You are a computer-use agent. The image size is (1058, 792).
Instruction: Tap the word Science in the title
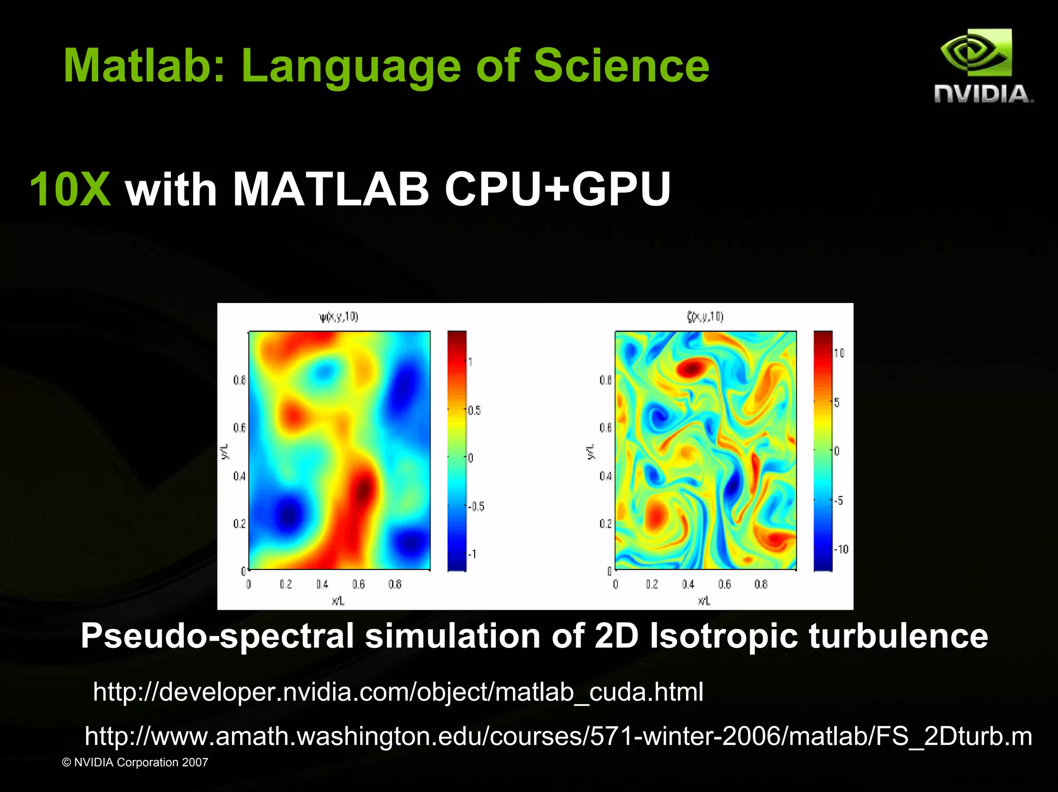(x=621, y=66)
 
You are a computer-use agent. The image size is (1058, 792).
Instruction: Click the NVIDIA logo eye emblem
(x=976, y=53)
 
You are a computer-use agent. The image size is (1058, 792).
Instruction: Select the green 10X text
(x=70, y=189)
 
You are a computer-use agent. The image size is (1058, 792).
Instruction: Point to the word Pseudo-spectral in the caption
(x=217, y=636)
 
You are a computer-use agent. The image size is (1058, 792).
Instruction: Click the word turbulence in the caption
(x=898, y=636)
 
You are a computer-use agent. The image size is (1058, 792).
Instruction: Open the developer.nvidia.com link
(x=398, y=692)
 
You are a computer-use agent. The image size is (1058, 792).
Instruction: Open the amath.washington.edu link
(x=558, y=736)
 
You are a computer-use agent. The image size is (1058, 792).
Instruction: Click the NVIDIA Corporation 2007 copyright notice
(x=135, y=763)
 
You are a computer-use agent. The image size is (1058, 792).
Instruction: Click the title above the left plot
(x=339, y=316)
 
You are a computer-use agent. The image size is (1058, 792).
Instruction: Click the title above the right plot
(x=705, y=316)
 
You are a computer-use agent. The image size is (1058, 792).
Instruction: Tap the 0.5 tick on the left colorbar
(x=474, y=410)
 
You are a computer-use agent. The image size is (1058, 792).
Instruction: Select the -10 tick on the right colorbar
(x=842, y=549)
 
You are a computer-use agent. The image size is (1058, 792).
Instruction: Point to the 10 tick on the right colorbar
(x=839, y=353)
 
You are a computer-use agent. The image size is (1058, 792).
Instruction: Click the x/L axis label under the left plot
(x=338, y=601)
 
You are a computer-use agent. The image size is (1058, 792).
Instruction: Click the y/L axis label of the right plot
(x=590, y=451)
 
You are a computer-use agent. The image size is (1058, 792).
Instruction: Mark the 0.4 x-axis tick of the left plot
(x=322, y=584)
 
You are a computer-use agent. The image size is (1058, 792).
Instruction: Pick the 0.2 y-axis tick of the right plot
(x=605, y=524)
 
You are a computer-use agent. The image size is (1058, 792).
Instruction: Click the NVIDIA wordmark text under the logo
(x=983, y=94)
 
